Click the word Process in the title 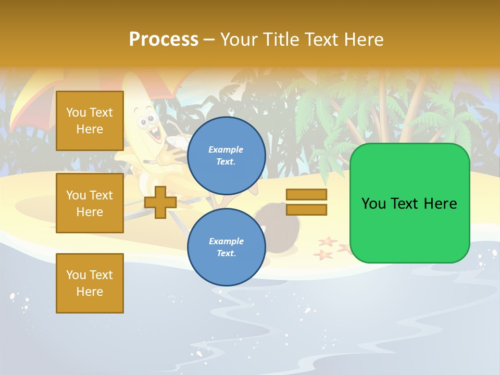tap(164, 39)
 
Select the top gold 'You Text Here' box tap(90, 121)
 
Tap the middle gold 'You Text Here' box tap(90, 203)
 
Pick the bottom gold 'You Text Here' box tap(90, 283)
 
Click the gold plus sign tap(160, 202)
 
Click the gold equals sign tap(306, 202)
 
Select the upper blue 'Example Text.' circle tap(226, 155)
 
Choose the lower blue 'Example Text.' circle tap(226, 247)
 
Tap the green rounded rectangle tap(409, 203)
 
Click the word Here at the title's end tap(365, 39)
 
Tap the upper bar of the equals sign tap(306, 195)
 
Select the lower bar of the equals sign tap(306, 209)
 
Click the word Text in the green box tap(407, 204)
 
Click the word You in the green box tap(373, 204)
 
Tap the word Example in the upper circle tap(226, 149)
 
